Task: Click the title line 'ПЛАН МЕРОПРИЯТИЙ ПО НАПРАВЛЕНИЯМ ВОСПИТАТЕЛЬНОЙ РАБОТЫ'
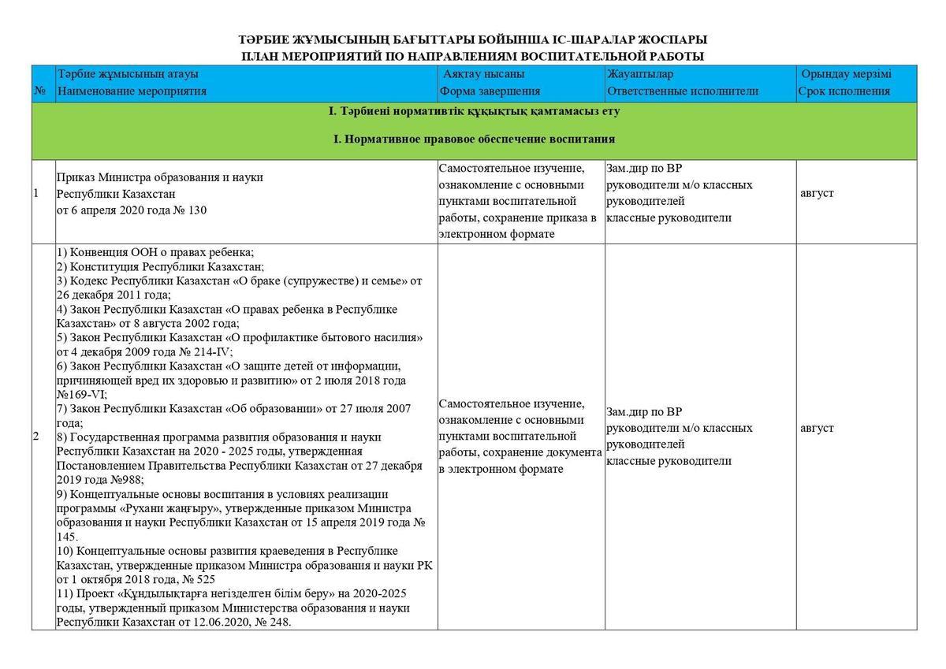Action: pyautogui.click(x=472, y=56)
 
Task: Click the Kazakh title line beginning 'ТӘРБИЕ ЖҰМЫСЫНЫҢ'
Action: pyautogui.click(x=472, y=39)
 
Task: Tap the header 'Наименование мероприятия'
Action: pyautogui.click(x=132, y=91)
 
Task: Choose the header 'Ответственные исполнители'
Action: pyautogui.click(x=683, y=91)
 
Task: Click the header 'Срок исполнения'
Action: pyautogui.click(x=844, y=91)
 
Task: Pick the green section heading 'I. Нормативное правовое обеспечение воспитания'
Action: pyautogui.click(x=474, y=139)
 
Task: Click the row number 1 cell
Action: pyautogui.click(x=36, y=193)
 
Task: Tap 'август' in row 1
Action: pyautogui.click(x=817, y=193)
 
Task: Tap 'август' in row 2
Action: pyautogui.click(x=817, y=428)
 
